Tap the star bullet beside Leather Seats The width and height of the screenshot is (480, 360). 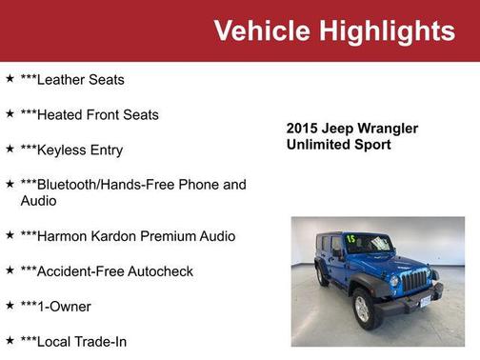10,79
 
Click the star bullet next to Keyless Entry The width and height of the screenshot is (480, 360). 10,150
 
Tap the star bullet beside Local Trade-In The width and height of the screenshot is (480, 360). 10,340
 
